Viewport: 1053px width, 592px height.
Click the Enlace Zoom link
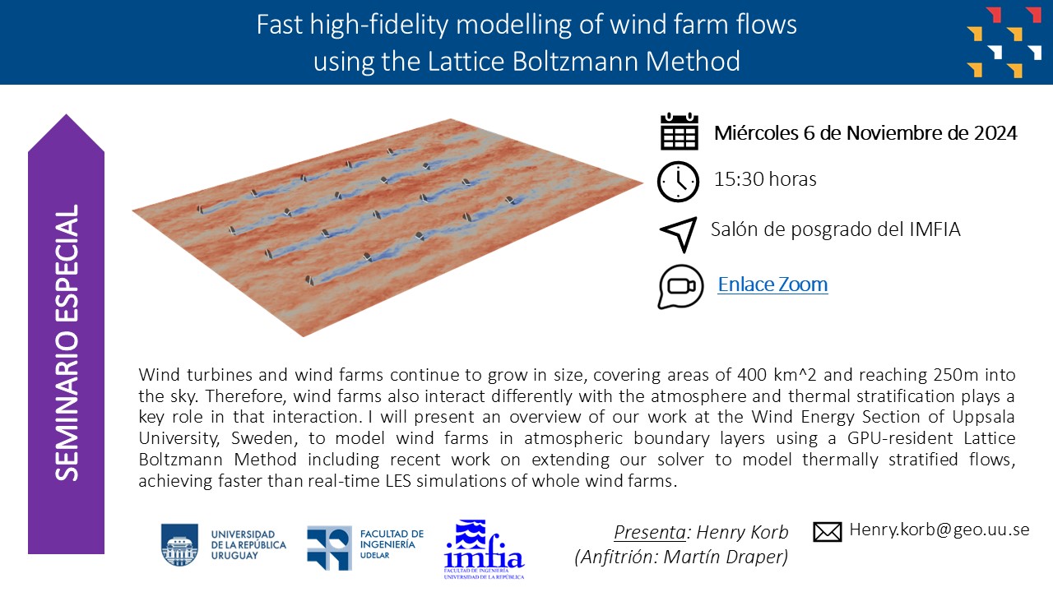click(x=772, y=284)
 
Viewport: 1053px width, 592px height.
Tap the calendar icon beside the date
click(x=680, y=132)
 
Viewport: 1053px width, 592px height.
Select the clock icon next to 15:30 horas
click(x=678, y=182)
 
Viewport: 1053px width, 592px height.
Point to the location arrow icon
click(x=679, y=234)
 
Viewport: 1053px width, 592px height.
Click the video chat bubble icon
click(x=680, y=287)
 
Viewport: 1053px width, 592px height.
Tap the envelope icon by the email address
click(x=828, y=532)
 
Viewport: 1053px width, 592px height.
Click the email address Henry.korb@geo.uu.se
click(x=939, y=530)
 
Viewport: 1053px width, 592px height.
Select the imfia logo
click(x=484, y=548)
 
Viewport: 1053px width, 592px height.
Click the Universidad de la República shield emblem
click(x=179, y=545)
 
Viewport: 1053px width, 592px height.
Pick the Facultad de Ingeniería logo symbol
click(x=329, y=548)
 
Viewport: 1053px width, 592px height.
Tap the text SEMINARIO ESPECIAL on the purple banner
click(x=67, y=343)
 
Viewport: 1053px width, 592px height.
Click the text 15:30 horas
click(x=765, y=179)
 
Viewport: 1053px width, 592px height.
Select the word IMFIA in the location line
click(x=935, y=229)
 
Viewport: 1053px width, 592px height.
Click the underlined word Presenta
click(x=650, y=532)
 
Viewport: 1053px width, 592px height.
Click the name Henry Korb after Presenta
click(x=742, y=532)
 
